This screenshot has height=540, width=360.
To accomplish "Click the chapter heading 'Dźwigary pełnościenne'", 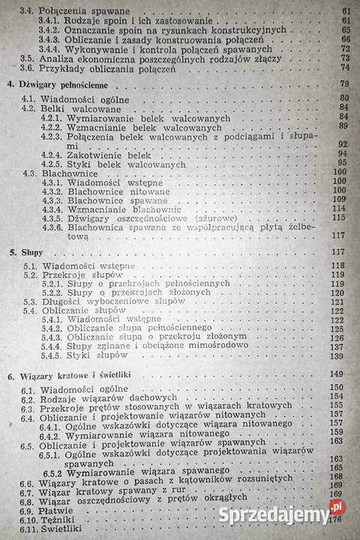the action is pyautogui.click(x=58, y=84).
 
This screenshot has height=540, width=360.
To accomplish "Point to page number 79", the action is pyautogui.click(x=346, y=82).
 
